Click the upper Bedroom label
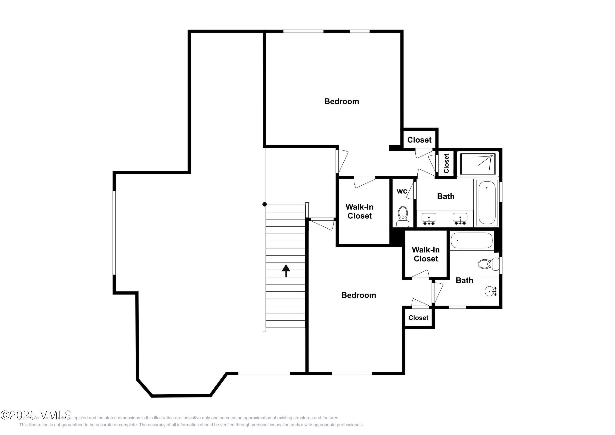[342, 101]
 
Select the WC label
[402, 191]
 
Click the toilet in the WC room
[403, 217]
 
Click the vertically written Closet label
[446, 163]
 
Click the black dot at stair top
[264, 204]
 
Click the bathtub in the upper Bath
[487, 203]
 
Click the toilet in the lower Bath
[488, 264]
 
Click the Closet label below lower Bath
[418, 318]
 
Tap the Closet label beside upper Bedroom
[419, 140]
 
